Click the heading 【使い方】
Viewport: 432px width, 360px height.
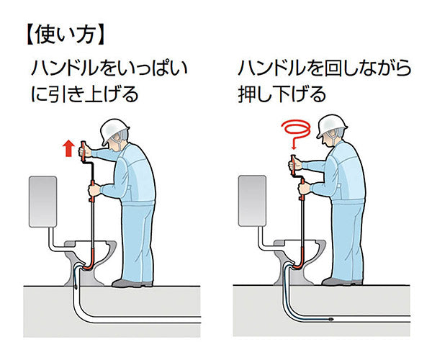pyautogui.click(x=65, y=35)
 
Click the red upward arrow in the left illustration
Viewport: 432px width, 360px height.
pyautogui.click(x=68, y=148)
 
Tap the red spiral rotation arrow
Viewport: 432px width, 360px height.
pyautogui.click(x=296, y=131)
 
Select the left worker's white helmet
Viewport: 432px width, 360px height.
pyautogui.click(x=114, y=131)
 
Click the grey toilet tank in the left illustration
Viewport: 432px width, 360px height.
pyautogui.click(x=42, y=202)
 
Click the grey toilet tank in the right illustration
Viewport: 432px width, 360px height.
pyautogui.click(x=252, y=201)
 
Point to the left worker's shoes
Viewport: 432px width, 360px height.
pyautogui.click(x=132, y=283)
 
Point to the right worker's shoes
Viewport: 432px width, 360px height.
pyautogui.click(x=342, y=282)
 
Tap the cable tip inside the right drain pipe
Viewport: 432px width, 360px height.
pyautogui.click(x=331, y=319)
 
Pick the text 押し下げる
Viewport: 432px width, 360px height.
pyautogui.click(x=282, y=94)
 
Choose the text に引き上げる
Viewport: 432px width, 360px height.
pyautogui.click(x=84, y=94)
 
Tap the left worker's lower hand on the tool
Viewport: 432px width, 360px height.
pyautogui.click(x=94, y=190)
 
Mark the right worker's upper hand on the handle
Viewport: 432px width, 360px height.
pyautogui.click(x=294, y=165)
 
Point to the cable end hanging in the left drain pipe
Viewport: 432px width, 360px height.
pyautogui.click(x=75, y=284)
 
